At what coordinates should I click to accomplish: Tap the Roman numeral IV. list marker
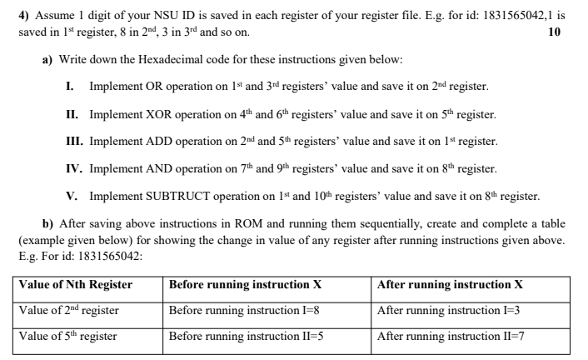pyautogui.click(x=72, y=168)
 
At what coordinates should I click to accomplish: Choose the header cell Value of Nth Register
pyautogui.click(x=76, y=284)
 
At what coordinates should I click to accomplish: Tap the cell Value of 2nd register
pyautogui.click(x=68, y=310)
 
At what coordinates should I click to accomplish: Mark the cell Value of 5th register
pyautogui.click(x=67, y=337)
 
